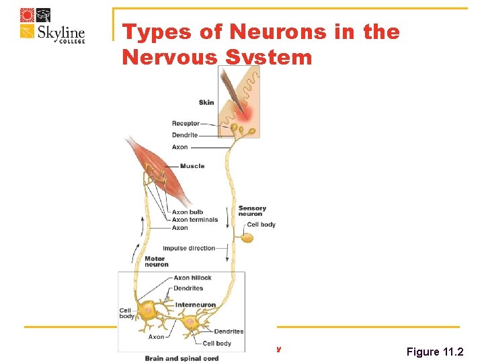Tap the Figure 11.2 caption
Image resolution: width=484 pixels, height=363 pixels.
pyautogui.click(x=435, y=352)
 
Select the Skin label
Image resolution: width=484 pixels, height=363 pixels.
pyautogui.click(x=206, y=102)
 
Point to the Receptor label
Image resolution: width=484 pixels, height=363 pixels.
pyautogui.click(x=186, y=123)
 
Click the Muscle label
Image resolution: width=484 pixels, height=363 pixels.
pyautogui.click(x=192, y=166)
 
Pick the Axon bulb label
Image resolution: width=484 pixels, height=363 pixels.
pyautogui.click(x=188, y=212)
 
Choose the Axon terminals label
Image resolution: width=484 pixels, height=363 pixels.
pyautogui.click(x=195, y=220)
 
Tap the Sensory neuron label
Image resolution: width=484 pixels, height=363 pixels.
pyautogui.click(x=252, y=211)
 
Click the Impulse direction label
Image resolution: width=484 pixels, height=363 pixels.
pyautogui.click(x=189, y=248)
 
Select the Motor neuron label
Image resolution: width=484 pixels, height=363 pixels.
pyautogui.click(x=157, y=261)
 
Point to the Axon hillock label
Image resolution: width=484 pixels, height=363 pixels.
pyautogui.click(x=192, y=278)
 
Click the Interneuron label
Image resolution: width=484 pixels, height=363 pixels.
pyautogui.click(x=196, y=305)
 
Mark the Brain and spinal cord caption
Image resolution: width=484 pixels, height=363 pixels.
pyautogui.click(x=182, y=358)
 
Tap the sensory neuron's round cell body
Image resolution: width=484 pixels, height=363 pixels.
pyautogui.click(x=248, y=237)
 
